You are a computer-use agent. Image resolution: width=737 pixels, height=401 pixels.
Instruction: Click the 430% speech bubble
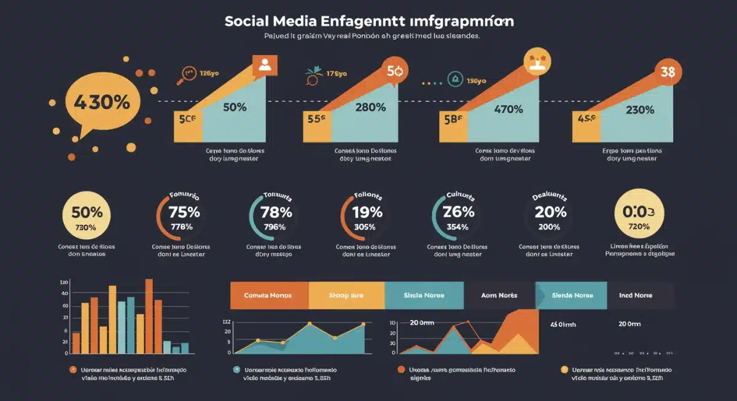click(x=101, y=101)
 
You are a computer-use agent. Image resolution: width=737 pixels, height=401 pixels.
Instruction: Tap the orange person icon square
click(x=265, y=66)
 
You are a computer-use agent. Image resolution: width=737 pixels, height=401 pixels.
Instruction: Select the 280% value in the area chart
click(x=370, y=107)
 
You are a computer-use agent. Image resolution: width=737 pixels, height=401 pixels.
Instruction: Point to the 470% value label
click(x=509, y=109)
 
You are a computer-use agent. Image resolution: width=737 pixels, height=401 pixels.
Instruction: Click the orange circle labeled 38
click(x=668, y=72)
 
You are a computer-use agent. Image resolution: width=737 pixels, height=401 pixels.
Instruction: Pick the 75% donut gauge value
click(x=185, y=213)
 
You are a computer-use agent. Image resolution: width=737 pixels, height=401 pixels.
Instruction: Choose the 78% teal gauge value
click(x=276, y=213)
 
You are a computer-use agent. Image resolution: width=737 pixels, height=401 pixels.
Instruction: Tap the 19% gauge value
click(x=368, y=213)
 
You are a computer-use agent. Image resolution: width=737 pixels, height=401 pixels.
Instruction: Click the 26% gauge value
click(x=459, y=212)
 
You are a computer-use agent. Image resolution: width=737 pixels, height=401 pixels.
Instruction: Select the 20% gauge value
click(x=550, y=212)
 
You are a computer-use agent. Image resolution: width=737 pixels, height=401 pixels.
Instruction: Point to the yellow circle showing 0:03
click(x=639, y=212)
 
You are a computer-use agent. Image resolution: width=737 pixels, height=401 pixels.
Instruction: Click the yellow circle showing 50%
click(x=87, y=213)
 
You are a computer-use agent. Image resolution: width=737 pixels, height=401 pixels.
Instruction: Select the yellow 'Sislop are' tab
click(x=346, y=296)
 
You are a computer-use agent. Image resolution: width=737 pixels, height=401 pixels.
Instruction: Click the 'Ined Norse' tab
click(x=636, y=296)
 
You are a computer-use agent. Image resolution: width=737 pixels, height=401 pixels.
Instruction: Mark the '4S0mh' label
click(x=563, y=324)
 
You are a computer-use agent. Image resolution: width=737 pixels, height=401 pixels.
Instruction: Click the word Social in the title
click(x=249, y=21)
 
